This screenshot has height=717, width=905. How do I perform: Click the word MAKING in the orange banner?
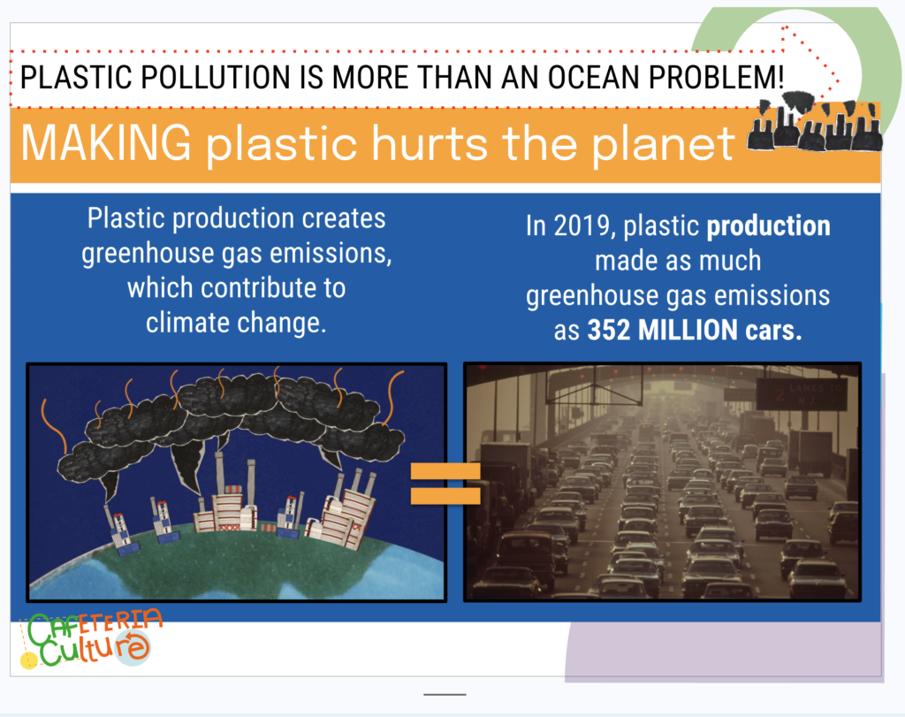(x=106, y=142)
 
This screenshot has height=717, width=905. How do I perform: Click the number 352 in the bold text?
(x=609, y=331)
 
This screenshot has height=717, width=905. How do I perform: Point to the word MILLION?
(x=688, y=331)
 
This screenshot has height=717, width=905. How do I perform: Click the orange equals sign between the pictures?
(x=445, y=484)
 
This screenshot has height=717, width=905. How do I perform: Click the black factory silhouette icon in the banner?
(x=814, y=122)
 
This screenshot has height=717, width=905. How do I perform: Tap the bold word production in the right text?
(x=769, y=225)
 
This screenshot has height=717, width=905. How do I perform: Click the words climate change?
(x=236, y=322)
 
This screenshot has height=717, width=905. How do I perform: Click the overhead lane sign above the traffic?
(x=802, y=393)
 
